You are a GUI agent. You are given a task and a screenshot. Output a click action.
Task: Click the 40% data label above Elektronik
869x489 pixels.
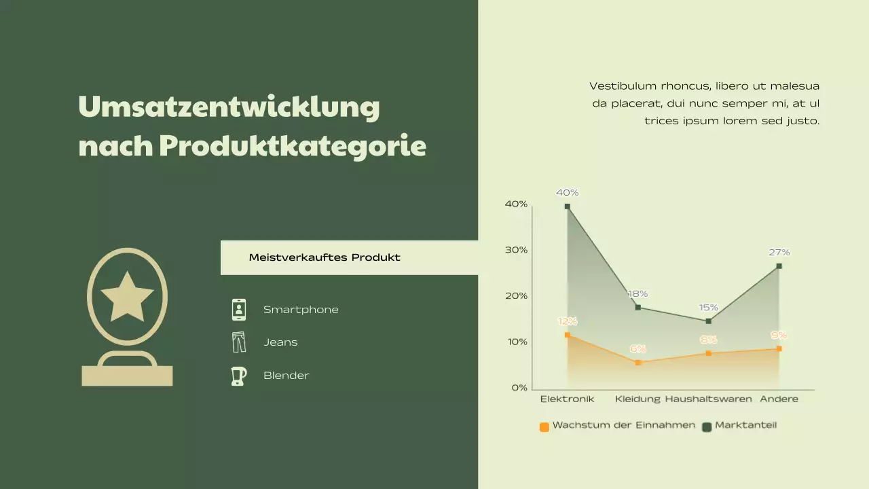(x=567, y=192)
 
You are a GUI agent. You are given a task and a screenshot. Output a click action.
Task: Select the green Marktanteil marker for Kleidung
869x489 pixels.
(x=638, y=308)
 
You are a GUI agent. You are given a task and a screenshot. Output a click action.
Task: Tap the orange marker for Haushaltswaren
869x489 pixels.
(x=709, y=353)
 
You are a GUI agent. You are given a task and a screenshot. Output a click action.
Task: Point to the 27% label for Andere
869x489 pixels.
(x=779, y=252)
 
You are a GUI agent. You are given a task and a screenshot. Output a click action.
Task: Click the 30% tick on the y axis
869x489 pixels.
(x=516, y=250)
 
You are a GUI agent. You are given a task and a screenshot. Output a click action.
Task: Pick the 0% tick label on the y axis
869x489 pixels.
(x=519, y=388)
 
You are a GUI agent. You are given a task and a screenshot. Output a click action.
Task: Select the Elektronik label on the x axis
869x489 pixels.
(x=567, y=399)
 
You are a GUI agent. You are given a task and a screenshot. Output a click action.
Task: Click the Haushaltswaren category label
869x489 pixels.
(x=708, y=399)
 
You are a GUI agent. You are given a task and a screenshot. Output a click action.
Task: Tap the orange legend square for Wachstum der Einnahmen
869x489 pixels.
(x=544, y=427)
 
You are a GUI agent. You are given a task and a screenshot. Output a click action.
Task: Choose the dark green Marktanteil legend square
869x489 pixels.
(x=706, y=427)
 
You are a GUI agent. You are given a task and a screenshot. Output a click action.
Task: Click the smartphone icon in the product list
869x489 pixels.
(x=239, y=310)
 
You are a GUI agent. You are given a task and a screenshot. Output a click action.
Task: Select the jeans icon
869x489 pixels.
(x=239, y=342)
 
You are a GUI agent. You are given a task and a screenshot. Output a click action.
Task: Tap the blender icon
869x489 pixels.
(x=238, y=376)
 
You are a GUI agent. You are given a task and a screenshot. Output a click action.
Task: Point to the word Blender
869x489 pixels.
(x=286, y=376)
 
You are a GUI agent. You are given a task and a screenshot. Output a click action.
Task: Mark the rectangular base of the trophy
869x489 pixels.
(x=127, y=376)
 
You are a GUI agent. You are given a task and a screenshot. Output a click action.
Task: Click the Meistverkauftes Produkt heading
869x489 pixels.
(x=325, y=257)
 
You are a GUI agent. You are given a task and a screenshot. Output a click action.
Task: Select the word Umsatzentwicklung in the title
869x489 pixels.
(x=229, y=107)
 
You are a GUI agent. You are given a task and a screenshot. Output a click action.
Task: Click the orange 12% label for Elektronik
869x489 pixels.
(x=567, y=321)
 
